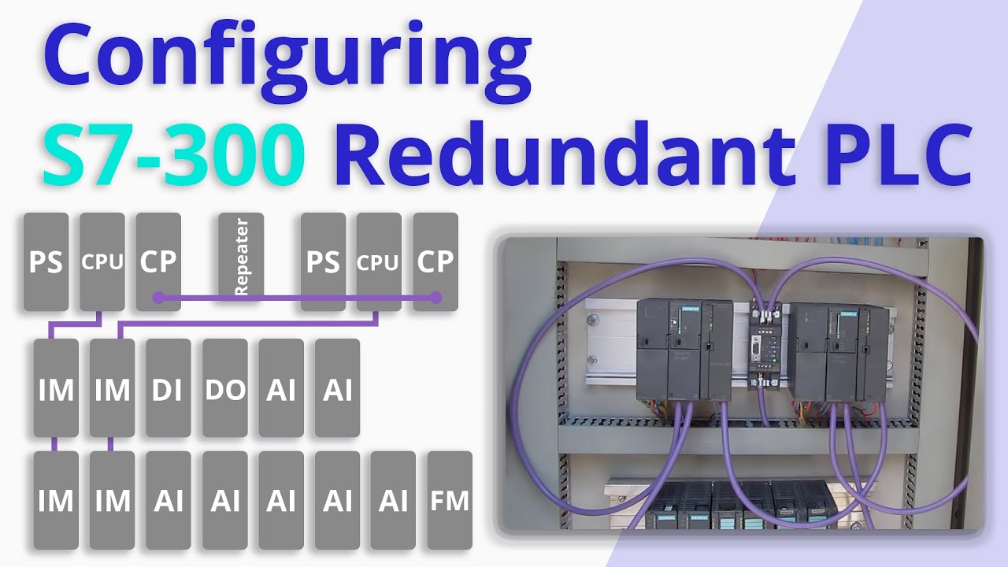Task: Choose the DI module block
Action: click(x=169, y=388)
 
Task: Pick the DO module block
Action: click(x=225, y=388)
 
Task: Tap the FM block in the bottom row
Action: click(x=450, y=500)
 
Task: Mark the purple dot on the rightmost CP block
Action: click(x=435, y=298)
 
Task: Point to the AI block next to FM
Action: click(x=393, y=500)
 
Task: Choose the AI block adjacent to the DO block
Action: click(x=281, y=388)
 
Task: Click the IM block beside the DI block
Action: click(x=112, y=388)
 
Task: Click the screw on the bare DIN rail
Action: click(x=592, y=321)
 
